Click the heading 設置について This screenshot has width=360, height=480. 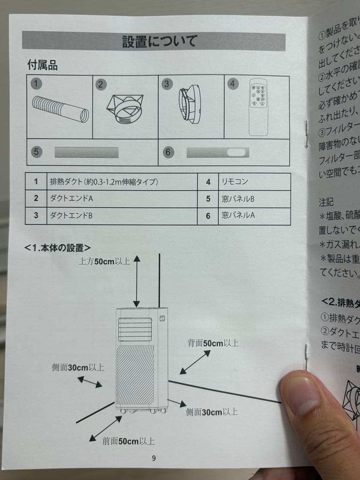coord(159,41)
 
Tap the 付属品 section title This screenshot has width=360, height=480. coord(42,65)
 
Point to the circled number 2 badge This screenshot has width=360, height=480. coord(101,84)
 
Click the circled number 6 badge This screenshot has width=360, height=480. coord(168,152)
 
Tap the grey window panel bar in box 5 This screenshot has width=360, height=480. coord(86,152)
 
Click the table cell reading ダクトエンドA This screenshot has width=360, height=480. coord(71,199)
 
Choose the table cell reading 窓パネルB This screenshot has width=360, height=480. coord(238,199)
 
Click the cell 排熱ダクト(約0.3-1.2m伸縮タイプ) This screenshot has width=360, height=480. coord(104,182)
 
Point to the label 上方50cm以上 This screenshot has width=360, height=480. coord(104,261)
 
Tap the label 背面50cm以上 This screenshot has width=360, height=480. coord(212,343)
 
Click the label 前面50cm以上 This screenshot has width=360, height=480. coord(128,441)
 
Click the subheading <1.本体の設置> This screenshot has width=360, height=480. coord(58,247)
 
